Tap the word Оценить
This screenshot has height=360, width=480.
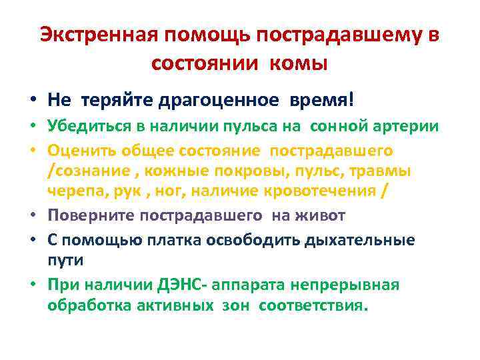[77, 151]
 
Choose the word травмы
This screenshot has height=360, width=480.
[382, 171]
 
